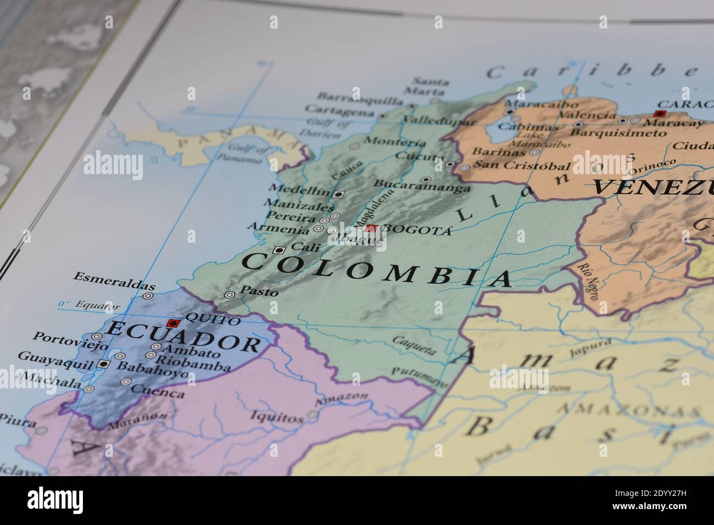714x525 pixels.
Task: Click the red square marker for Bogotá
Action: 372,228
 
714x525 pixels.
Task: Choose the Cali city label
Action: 305,248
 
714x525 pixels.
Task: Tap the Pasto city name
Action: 259,292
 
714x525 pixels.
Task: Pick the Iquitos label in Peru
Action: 277,417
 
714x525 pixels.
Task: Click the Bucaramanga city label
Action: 422,186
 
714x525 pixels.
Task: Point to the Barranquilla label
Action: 360,99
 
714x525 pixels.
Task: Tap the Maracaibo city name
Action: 541,103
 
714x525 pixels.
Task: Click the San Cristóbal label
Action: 521,165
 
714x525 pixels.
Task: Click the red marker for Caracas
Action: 660,114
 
